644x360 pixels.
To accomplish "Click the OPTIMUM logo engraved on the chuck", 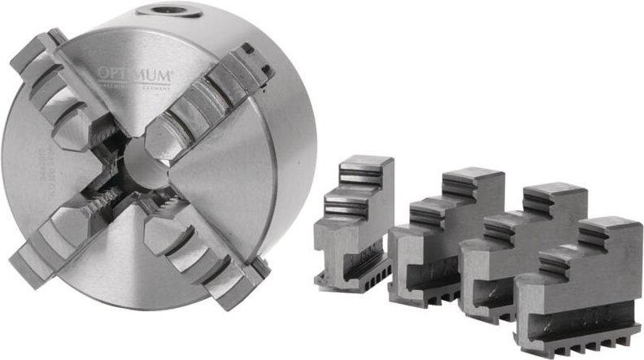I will (134, 76).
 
